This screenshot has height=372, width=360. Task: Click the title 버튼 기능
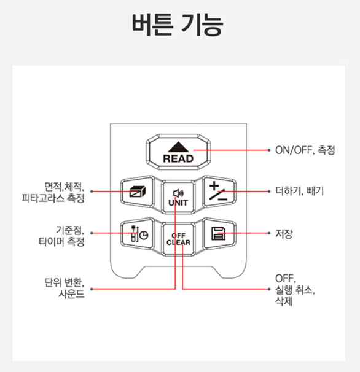point(178,25)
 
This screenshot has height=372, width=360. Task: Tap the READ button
point(178,152)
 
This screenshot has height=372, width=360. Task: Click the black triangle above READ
point(178,147)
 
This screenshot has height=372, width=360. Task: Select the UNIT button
point(178,198)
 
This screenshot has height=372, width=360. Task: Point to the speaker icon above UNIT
point(178,193)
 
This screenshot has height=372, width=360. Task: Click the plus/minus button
point(219,192)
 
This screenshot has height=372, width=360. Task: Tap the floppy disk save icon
point(218,233)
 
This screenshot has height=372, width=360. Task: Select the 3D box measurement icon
point(138,192)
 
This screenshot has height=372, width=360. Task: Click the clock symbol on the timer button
point(144,235)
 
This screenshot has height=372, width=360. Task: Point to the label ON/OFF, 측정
point(305,150)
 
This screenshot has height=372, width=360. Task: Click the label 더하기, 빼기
point(299,191)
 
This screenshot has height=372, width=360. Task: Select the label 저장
point(284,234)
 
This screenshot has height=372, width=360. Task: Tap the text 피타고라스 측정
point(53,198)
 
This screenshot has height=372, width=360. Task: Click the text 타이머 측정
point(61,241)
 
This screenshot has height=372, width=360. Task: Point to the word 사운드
point(71,294)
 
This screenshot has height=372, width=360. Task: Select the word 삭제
point(284,301)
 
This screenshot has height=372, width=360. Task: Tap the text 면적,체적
point(64,187)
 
